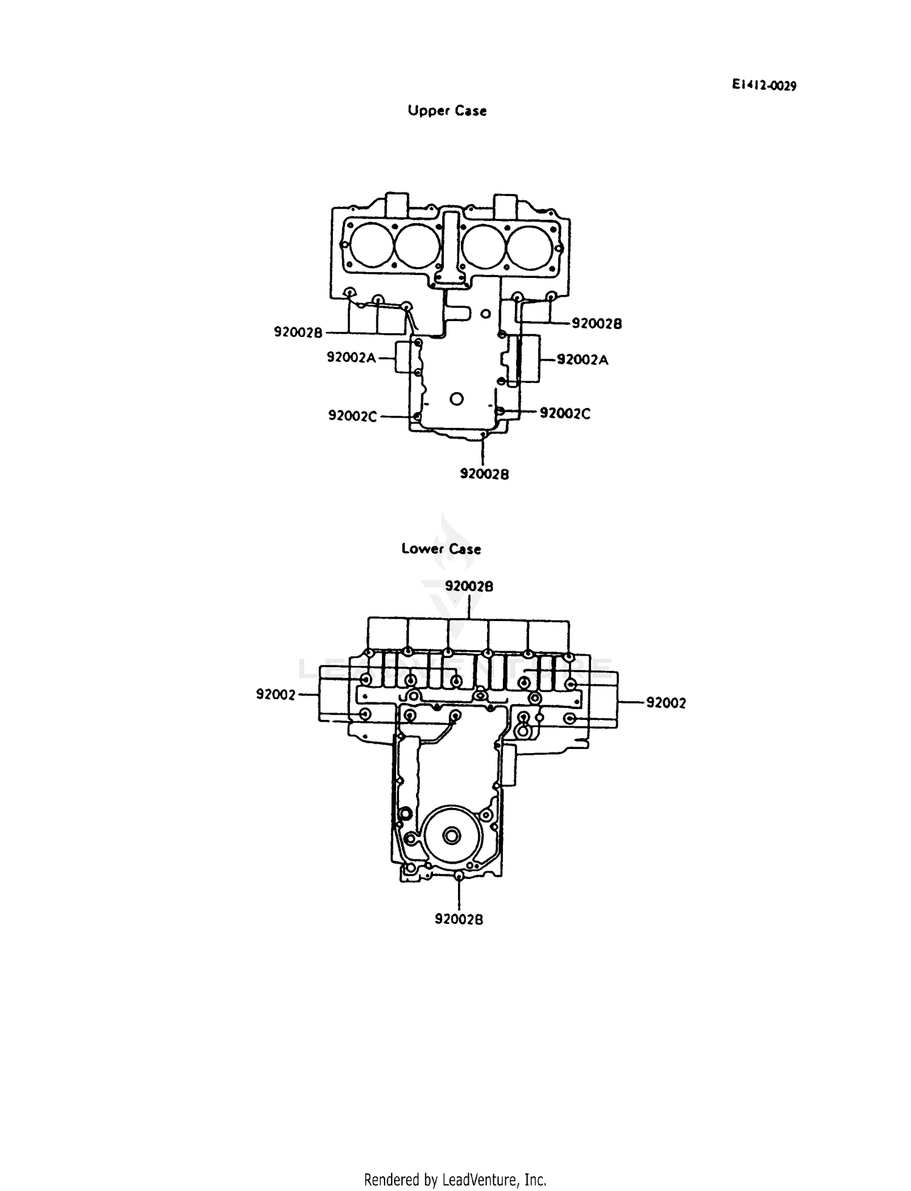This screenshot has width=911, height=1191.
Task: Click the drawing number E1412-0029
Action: coord(763,86)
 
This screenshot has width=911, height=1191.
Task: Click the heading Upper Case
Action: coord(447,111)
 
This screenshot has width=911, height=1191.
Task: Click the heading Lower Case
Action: coord(442,549)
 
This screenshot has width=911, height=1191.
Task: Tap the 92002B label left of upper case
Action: coord(298,333)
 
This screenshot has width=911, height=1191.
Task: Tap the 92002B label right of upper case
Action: coord(597,324)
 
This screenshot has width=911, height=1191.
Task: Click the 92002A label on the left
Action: coord(352,358)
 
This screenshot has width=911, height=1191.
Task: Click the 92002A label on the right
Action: coord(582,360)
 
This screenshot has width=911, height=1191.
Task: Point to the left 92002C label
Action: coord(353,416)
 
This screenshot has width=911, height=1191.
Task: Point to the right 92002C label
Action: coord(565,413)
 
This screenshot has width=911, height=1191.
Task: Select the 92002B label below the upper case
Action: coord(484,474)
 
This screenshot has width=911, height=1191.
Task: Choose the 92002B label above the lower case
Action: coord(469,586)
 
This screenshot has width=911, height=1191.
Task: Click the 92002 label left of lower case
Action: coord(275,694)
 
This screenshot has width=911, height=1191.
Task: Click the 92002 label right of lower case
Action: coord(666,703)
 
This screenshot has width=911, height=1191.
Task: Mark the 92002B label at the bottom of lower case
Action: coord(459,920)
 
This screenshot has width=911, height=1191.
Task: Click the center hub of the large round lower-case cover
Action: coord(451,836)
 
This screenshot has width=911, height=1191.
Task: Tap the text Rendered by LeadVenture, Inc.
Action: coord(455,1179)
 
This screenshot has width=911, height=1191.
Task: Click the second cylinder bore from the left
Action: coord(417,246)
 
